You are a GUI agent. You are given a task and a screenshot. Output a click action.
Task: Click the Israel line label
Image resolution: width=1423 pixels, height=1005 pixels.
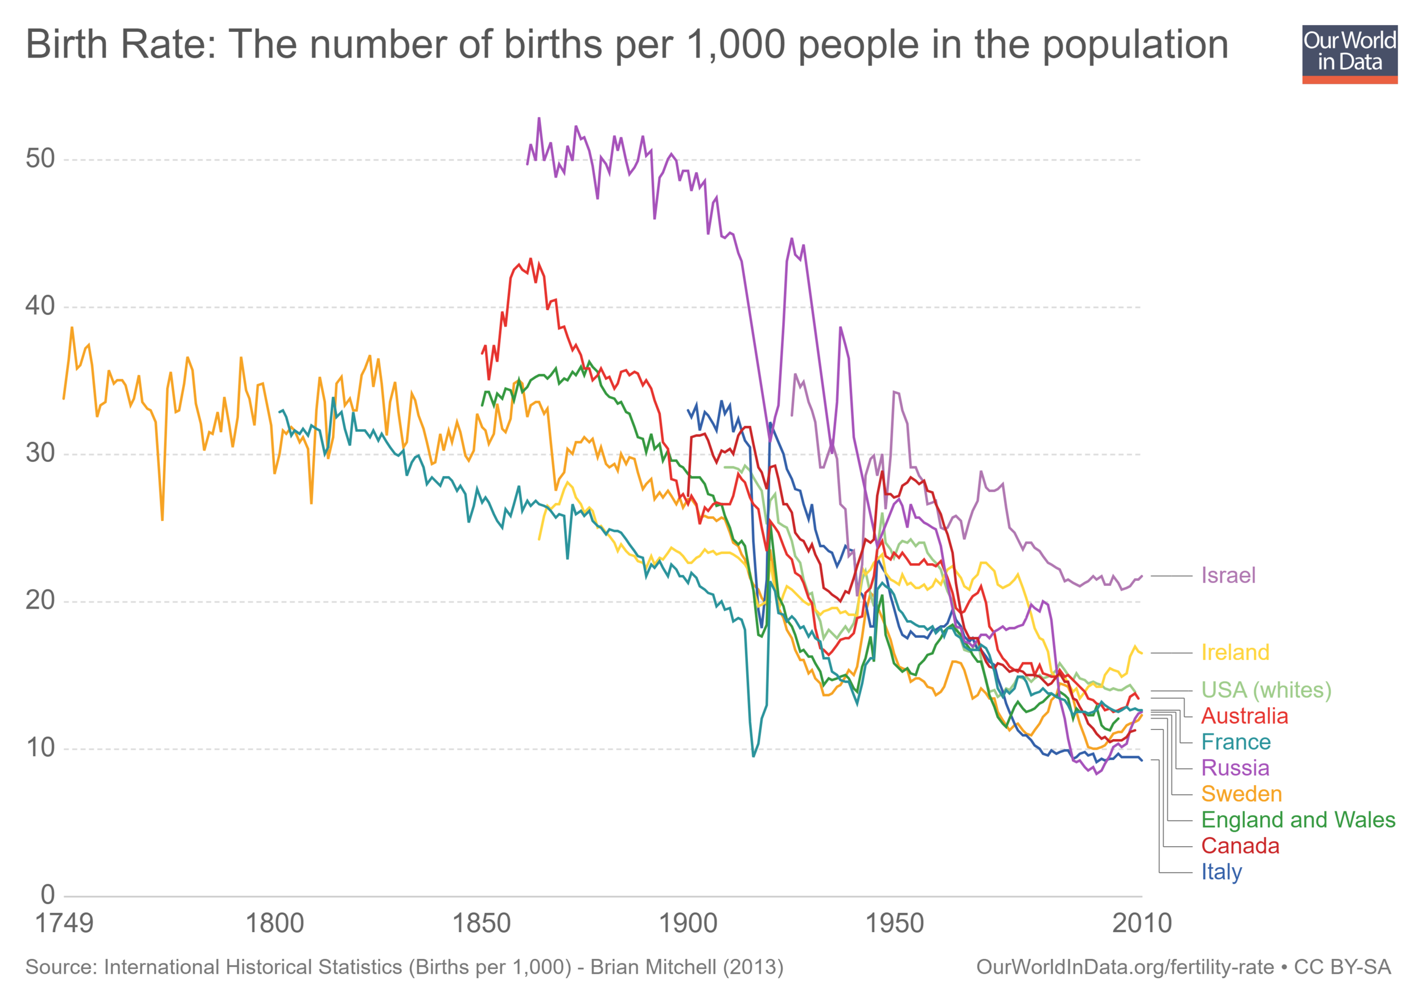pyautogui.click(x=1228, y=575)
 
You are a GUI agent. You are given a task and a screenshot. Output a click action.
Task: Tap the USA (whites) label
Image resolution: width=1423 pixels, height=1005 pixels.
pyautogui.click(x=1265, y=690)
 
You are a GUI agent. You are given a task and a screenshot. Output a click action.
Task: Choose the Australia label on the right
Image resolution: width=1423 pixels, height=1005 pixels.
pyautogui.click(x=1244, y=716)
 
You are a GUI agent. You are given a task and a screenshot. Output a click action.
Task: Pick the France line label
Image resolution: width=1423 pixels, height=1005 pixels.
pyautogui.click(x=1235, y=741)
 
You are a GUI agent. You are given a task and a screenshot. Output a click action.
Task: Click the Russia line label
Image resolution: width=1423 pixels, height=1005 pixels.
pyautogui.click(x=1235, y=768)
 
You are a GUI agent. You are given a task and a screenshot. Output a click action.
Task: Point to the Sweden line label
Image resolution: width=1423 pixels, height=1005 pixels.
pyautogui.click(x=1241, y=794)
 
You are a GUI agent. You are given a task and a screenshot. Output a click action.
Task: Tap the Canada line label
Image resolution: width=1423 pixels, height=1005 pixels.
pyautogui.click(x=1240, y=846)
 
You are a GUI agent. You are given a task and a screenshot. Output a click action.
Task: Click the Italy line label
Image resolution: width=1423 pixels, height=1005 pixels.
pyautogui.click(x=1221, y=872)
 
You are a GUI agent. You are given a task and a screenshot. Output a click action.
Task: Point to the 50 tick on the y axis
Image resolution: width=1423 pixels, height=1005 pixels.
pyautogui.click(x=40, y=159)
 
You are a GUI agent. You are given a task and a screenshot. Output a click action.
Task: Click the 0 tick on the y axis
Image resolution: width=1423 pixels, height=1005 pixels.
pyautogui.click(x=48, y=895)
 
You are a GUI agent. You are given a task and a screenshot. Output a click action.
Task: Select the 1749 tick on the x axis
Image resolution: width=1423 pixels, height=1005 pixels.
pyautogui.click(x=64, y=924)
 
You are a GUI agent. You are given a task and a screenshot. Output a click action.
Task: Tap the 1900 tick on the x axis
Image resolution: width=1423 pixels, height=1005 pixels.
pyautogui.click(x=688, y=924)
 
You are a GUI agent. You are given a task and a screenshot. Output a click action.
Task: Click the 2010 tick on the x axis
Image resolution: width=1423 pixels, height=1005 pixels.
pyautogui.click(x=1142, y=924)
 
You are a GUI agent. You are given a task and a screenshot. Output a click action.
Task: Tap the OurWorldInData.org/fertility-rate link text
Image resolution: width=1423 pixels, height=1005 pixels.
pyautogui.click(x=1125, y=967)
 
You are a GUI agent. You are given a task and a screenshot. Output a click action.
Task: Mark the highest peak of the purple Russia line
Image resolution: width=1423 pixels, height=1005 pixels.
pyautogui.click(x=538, y=118)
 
